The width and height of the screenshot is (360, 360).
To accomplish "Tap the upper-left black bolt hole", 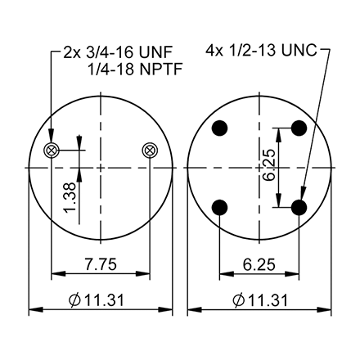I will point(219,128).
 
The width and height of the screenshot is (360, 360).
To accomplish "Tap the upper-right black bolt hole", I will point(299,128).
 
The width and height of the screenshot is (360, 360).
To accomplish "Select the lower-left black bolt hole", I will point(219,208).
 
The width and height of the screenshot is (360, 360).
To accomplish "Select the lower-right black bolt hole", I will point(299,208).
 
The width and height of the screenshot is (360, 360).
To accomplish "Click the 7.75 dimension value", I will point(101,263).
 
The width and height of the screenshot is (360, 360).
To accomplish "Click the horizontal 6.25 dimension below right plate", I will point(259,263).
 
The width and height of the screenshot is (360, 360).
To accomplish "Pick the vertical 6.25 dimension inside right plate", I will point(271,169).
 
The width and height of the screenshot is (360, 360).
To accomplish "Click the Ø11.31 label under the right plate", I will point(259,299).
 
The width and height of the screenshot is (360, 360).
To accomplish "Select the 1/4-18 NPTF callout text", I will point(133,70).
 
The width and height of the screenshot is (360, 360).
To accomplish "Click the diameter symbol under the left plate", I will point(74,299).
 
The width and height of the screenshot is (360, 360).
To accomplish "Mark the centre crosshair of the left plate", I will point(101,168).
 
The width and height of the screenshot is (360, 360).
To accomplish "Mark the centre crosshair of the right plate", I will point(259,168).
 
